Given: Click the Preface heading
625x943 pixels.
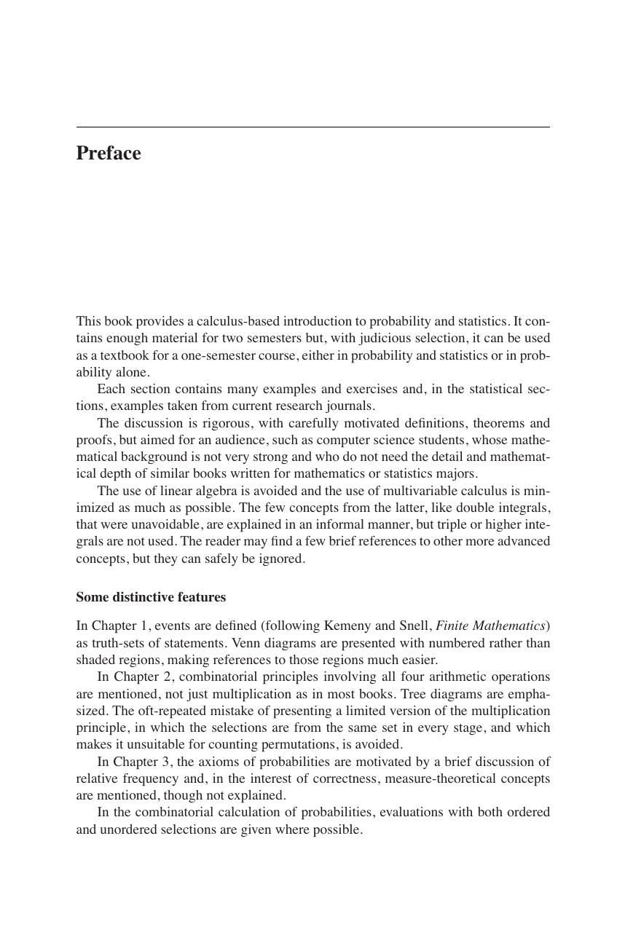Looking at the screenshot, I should point(109,154).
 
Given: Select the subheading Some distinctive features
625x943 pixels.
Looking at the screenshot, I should point(151,597).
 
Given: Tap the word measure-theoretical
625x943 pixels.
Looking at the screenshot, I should point(438,778).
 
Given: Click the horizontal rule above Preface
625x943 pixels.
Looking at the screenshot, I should point(312,127).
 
